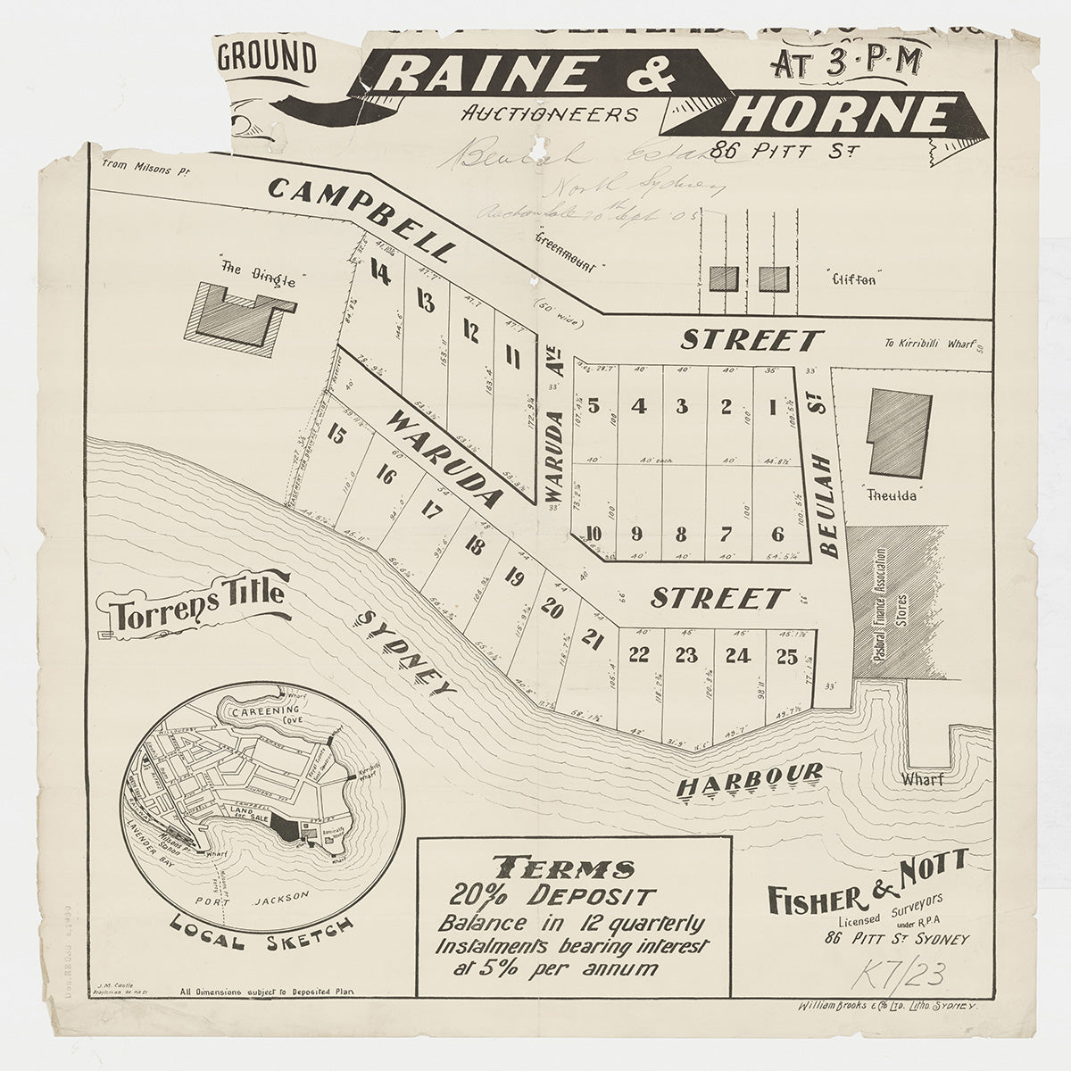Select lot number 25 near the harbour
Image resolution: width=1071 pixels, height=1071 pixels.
[x=786, y=656]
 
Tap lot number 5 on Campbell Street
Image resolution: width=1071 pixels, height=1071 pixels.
[x=593, y=405]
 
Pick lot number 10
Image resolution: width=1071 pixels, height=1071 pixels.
[x=594, y=534]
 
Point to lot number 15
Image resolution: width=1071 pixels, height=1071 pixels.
[x=336, y=436]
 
